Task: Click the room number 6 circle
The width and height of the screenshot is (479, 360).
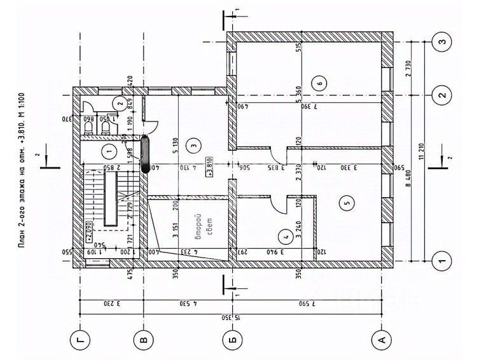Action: point(319,81)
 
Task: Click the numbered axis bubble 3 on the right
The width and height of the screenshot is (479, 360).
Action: point(441,41)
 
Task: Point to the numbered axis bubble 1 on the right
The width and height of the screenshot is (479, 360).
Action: point(441,260)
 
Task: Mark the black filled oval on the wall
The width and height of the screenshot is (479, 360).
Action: point(146,155)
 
